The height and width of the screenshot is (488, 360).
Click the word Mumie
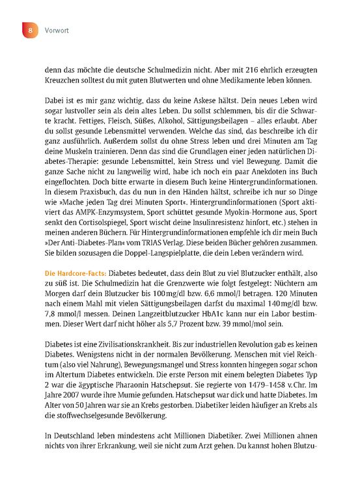(x=134, y=415)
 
